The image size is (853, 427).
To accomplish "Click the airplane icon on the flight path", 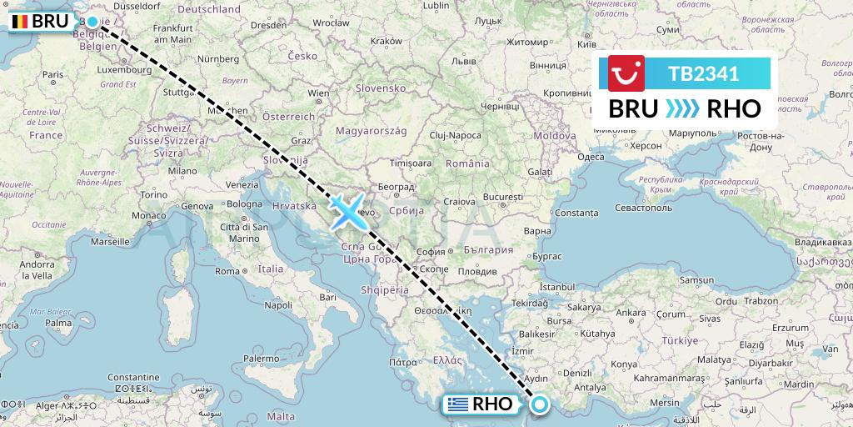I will tap(347, 210).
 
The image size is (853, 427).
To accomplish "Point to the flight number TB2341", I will tap(703, 73).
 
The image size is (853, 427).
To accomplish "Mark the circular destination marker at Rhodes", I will tap(540, 404).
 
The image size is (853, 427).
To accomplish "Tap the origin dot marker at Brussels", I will tap(92, 23).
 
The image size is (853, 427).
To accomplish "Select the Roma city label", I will tap(227, 270).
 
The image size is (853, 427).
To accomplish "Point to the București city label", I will tap(502, 196).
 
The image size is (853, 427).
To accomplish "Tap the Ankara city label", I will tap(634, 313).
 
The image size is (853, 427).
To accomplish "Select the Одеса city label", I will tap(591, 156).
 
